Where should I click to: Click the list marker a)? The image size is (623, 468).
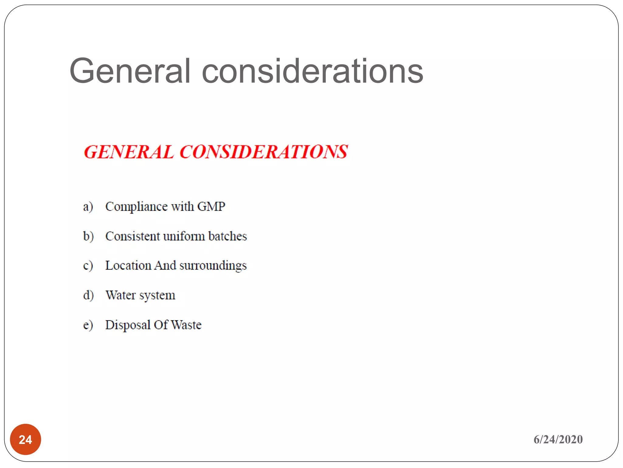[88, 207]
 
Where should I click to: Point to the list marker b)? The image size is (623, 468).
[88, 236]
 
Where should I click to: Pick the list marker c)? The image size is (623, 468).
[88, 266]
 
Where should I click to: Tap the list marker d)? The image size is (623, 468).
[88, 295]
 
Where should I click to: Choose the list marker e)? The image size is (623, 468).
[88, 325]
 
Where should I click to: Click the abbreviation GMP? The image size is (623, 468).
[211, 207]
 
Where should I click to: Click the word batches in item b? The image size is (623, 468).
[228, 236]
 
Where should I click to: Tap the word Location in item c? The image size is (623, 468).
[128, 265]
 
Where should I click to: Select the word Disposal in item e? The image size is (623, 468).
[128, 325]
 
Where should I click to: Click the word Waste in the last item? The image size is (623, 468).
[186, 325]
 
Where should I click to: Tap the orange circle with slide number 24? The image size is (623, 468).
[26, 439]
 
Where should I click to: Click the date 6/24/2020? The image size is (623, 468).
[558, 439]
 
